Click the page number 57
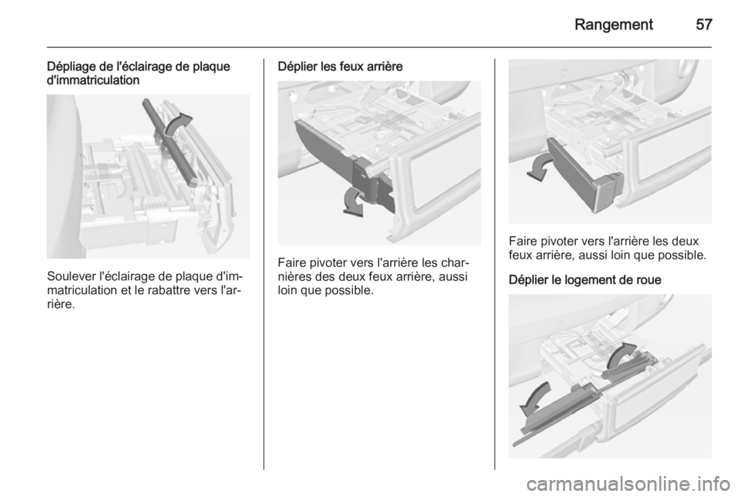[704, 24]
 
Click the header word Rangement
[614, 24]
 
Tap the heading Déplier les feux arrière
[341, 67]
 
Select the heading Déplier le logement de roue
[585, 279]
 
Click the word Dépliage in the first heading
[70, 67]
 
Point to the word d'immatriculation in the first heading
[94, 80]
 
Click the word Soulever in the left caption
[70, 276]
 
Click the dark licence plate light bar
[169, 141]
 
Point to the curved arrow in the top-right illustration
[540, 169]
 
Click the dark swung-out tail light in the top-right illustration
[584, 174]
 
